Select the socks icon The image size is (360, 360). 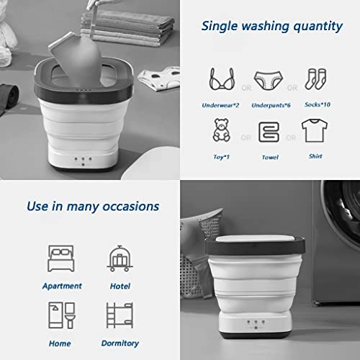click(x=314, y=76)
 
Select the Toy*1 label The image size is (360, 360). click(x=222, y=156)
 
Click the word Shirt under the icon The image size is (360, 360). click(x=314, y=156)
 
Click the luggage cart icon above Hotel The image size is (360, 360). click(x=118, y=257)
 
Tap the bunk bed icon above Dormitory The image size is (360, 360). click(x=118, y=315)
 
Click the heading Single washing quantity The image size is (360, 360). click(x=271, y=27)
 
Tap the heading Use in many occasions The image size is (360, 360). click(x=92, y=206)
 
